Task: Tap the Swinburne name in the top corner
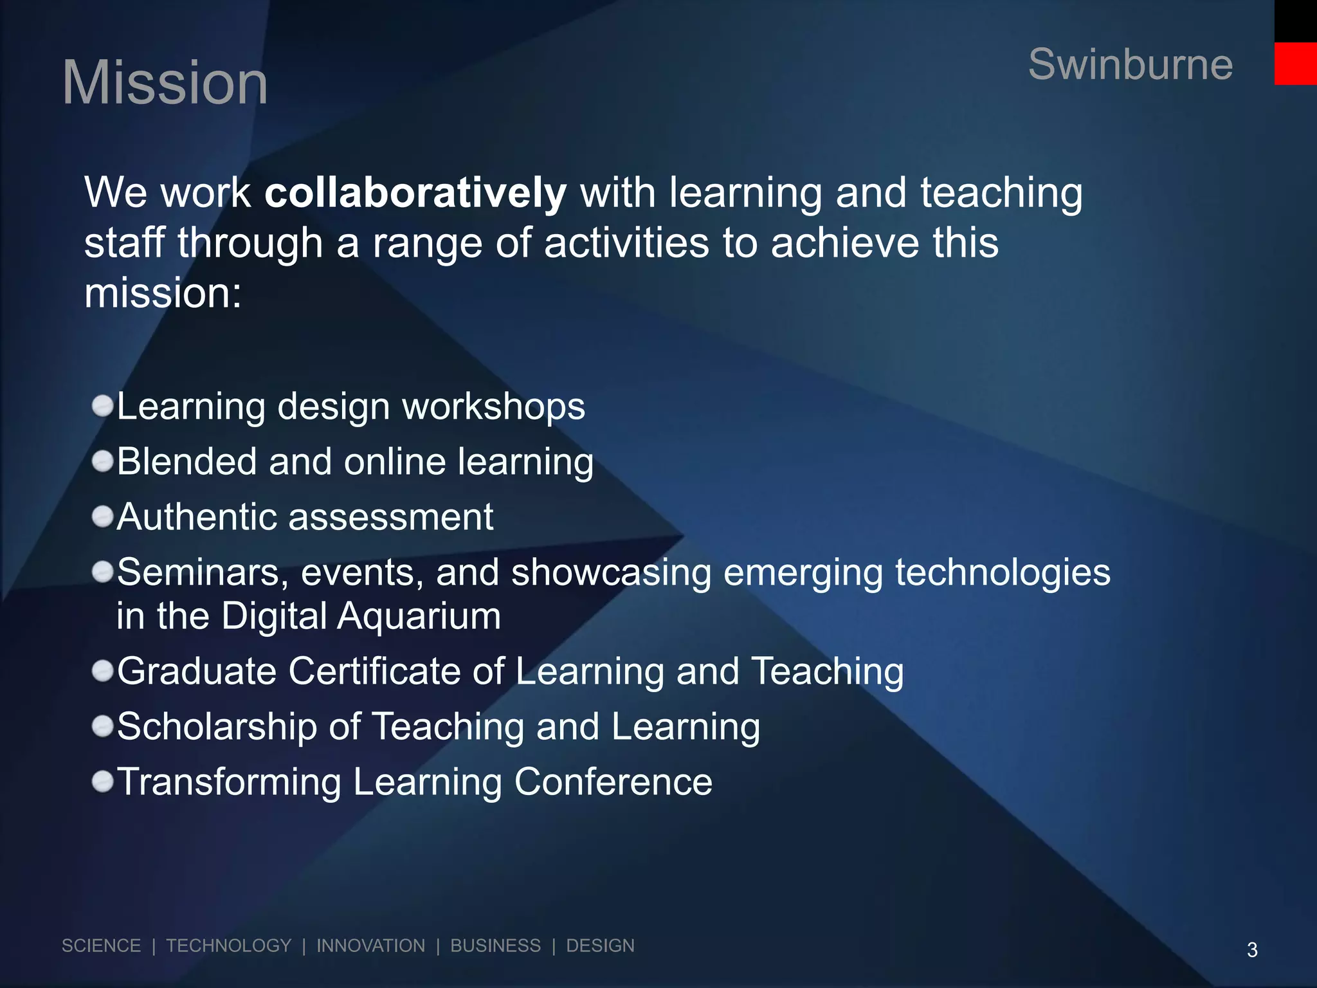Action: pyautogui.click(x=1130, y=64)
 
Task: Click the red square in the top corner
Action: pyautogui.click(x=1295, y=64)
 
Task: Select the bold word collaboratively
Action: pyautogui.click(x=415, y=193)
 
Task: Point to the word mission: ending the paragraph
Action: pyautogui.click(x=163, y=293)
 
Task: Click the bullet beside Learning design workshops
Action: pyautogui.click(x=103, y=407)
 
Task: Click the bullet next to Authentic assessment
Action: pyautogui.click(x=103, y=517)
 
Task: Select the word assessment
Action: pyautogui.click(x=391, y=517)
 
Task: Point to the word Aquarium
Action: pyautogui.click(x=419, y=616)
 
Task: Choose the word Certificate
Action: pyautogui.click(x=374, y=672)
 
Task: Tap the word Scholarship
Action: pyautogui.click(x=217, y=727)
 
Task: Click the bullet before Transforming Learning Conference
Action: pyautogui.click(x=103, y=782)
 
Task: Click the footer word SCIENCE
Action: pyautogui.click(x=101, y=946)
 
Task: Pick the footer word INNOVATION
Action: pyautogui.click(x=370, y=946)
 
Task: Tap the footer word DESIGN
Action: pyautogui.click(x=600, y=946)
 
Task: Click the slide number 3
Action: pyautogui.click(x=1252, y=950)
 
